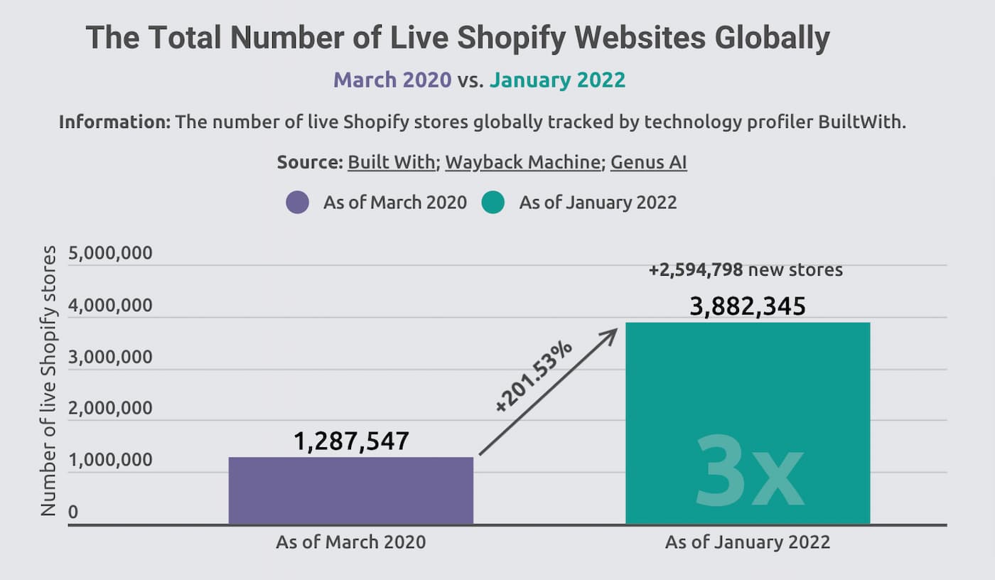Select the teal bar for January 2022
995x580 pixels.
tap(748, 398)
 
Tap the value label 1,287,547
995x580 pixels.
tap(351, 441)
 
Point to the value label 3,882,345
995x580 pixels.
tap(748, 306)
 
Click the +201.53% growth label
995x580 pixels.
tap(533, 377)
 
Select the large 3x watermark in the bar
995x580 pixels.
tap(749, 470)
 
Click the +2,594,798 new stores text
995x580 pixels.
tap(745, 270)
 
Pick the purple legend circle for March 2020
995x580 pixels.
tap(297, 203)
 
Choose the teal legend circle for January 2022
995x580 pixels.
tap(493, 203)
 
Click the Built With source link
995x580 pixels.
tap(391, 163)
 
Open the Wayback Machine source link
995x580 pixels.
tap(522, 163)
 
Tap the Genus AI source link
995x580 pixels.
tap(648, 163)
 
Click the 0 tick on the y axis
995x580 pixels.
tap(73, 512)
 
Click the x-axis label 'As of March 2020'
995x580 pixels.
tap(350, 542)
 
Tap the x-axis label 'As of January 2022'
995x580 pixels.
tap(747, 542)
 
